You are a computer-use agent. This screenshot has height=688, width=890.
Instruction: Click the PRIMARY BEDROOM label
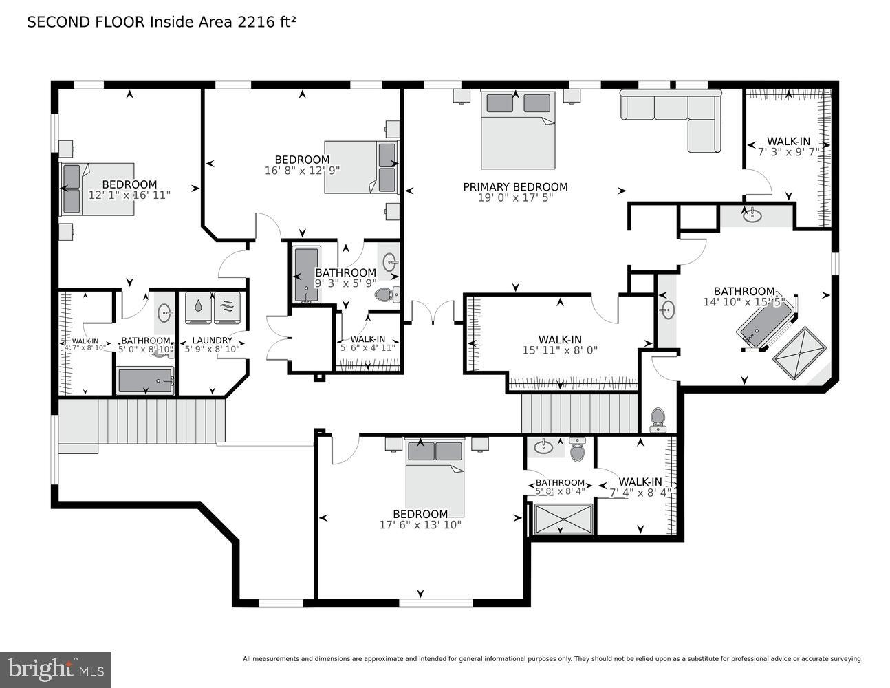pyautogui.click(x=515, y=186)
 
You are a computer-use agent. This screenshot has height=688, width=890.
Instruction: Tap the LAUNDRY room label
pyautogui.click(x=212, y=340)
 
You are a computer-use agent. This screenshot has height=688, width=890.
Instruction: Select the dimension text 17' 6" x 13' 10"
pyautogui.click(x=420, y=525)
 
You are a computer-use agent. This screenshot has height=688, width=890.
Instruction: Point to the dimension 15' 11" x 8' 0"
pyautogui.click(x=560, y=350)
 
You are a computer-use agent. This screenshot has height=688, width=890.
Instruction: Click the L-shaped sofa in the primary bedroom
pyautogui.click(x=671, y=117)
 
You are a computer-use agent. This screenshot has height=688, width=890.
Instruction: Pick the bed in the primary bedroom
pyautogui.click(x=518, y=131)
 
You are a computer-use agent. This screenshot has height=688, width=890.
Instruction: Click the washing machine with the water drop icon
pyautogui.click(x=199, y=308)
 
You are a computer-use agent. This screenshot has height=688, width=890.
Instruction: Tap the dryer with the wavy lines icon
pyautogui.click(x=228, y=308)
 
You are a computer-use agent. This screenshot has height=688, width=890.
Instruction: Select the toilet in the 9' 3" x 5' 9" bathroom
pyautogui.click(x=387, y=295)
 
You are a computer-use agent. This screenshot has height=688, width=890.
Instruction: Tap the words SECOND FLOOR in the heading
pyautogui.click(x=86, y=22)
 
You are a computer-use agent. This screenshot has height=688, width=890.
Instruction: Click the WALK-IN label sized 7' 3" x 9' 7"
pyautogui.click(x=788, y=141)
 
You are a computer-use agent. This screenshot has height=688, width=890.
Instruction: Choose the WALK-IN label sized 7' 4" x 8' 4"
pyautogui.click(x=640, y=482)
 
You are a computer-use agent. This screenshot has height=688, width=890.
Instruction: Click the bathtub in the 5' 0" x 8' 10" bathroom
pyautogui.click(x=145, y=380)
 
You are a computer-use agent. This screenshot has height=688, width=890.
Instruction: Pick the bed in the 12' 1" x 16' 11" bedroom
pyautogui.click(x=98, y=189)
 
